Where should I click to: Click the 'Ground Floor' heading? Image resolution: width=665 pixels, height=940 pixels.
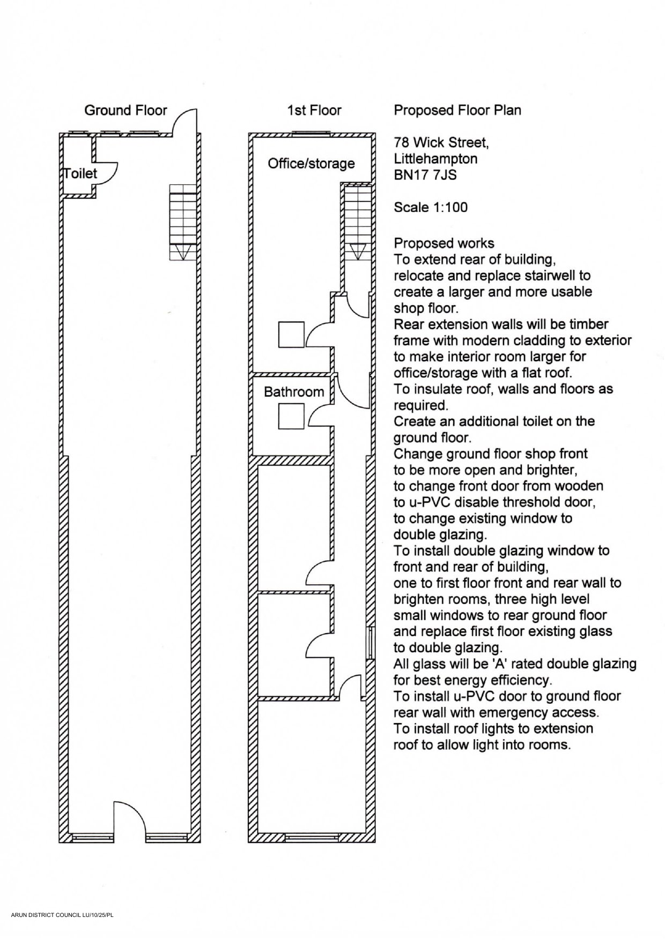coord(125,110)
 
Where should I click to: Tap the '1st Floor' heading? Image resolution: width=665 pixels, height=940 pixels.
coord(314,110)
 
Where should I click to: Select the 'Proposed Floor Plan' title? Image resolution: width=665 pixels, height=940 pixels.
coord(457,110)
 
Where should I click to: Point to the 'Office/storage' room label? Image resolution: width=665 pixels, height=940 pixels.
coord(311,163)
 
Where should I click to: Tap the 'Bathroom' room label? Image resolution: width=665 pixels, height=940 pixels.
coord(294,392)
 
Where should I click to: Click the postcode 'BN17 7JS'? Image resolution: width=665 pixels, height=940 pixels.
coord(425,175)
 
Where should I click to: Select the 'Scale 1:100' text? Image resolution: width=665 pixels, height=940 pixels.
coord(430,207)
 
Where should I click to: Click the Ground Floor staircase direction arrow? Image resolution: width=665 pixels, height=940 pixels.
coord(183,252)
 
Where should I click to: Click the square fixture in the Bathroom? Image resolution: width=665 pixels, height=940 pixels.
coord(291,416)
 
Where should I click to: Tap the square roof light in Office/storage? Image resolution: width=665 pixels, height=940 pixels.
coord(291,335)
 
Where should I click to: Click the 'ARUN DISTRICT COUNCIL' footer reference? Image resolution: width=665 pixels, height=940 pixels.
coord(62,915)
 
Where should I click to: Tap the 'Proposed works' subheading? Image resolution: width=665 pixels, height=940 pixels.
coord(444,244)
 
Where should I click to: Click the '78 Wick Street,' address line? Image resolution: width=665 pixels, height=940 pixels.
coord(441,142)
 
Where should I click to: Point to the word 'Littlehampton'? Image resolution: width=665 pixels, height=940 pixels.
coord(435,159)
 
